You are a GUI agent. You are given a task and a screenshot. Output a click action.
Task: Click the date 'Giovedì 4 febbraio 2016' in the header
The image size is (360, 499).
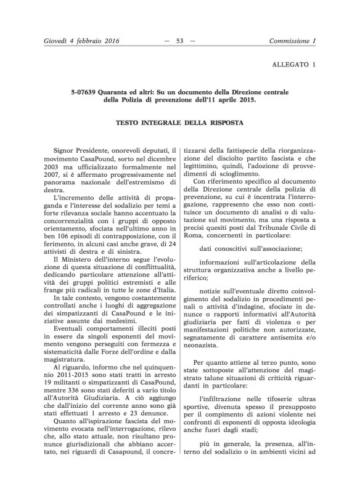click(73, 41)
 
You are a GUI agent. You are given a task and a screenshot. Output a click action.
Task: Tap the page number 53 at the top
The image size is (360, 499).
click(180, 41)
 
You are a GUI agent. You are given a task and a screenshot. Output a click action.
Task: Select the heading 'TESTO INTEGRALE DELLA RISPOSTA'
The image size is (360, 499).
click(180, 123)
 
